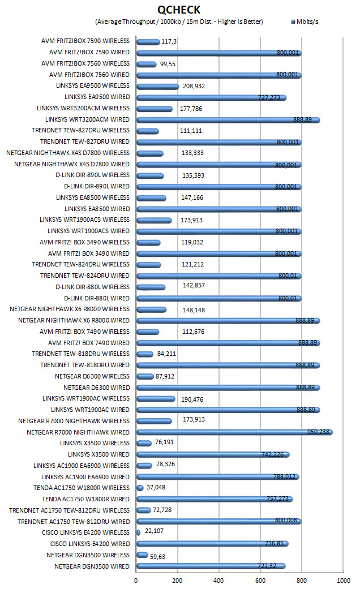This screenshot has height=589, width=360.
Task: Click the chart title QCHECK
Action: tap(179, 10)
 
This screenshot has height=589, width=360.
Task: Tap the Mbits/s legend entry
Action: tap(305, 22)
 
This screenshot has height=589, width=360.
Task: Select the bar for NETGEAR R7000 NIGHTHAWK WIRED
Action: tap(234, 432)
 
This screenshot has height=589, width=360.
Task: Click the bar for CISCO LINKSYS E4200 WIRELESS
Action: tap(138, 532)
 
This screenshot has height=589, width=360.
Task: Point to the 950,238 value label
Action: tap(318, 432)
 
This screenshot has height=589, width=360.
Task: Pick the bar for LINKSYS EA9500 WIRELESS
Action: tap(158, 87)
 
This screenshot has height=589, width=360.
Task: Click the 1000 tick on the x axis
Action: tap(343, 581)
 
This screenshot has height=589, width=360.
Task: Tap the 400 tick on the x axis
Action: tap(218, 581)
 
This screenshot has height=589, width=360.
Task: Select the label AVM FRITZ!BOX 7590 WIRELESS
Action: tap(85, 41)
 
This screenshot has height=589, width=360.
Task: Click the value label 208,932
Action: tap(194, 86)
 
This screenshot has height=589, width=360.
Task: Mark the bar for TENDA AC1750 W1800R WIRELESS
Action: tap(140, 488)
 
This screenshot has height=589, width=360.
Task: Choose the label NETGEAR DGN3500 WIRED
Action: tap(92, 566)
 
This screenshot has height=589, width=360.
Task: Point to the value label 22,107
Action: tap(154, 531)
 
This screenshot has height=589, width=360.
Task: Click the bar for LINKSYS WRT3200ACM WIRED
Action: tap(228, 120)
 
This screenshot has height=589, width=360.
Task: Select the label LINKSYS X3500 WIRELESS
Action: tap(95, 443)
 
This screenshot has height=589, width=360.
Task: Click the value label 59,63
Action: tap(157, 557)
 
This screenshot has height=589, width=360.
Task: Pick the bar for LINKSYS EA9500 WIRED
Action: tap(212, 98)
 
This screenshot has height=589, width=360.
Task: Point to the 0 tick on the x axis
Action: tap(136, 581)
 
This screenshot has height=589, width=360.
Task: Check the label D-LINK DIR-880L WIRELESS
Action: tap(92, 287)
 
